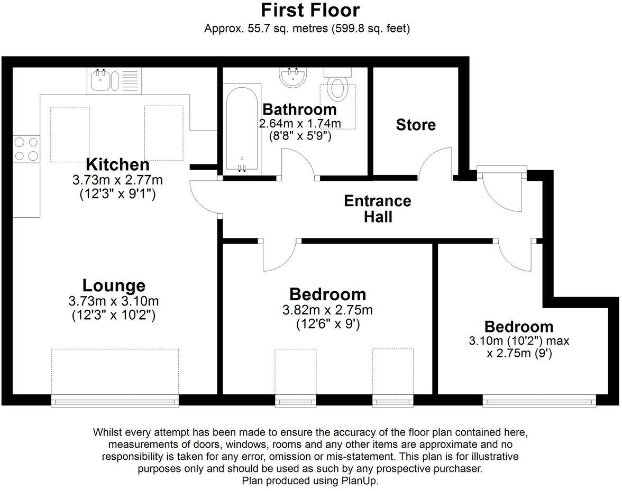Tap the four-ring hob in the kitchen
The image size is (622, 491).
[x=26, y=149]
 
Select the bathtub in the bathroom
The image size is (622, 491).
[x=242, y=129]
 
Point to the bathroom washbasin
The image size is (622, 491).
[x=293, y=77]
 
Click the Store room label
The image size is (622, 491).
[x=416, y=125]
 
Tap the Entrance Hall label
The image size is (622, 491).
[x=378, y=209]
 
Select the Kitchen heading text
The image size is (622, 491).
[x=117, y=164]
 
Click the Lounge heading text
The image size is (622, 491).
[x=114, y=285]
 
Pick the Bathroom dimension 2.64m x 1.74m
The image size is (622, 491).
[x=300, y=124]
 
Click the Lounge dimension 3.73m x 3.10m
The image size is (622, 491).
[x=114, y=301]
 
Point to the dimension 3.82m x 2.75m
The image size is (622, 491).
[x=328, y=310]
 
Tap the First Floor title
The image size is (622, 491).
[x=310, y=10]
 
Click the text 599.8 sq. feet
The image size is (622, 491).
[x=370, y=29]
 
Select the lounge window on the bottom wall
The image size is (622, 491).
[x=115, y=401]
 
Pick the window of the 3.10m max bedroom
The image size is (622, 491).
[x=539, y=401]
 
